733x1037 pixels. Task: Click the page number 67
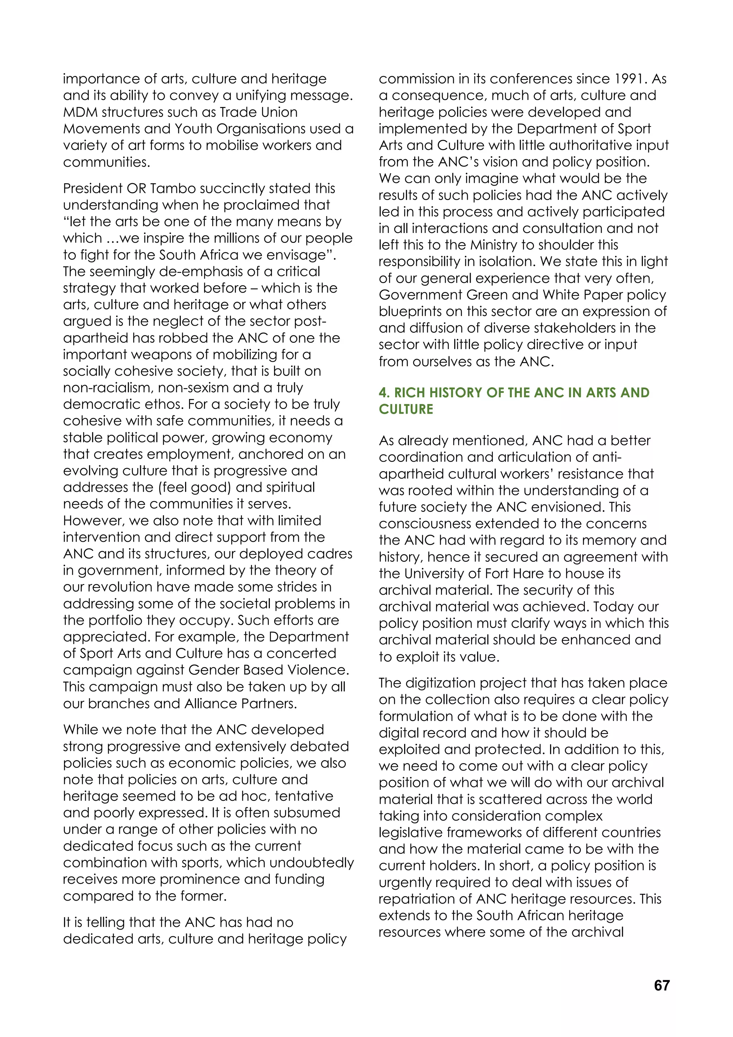pos(661,985)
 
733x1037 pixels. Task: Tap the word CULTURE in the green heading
pos(406,410)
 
